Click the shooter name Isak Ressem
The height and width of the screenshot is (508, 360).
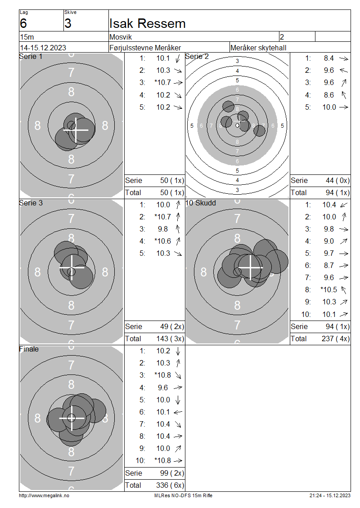click(x=147, y=24)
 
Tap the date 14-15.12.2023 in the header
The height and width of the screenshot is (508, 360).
click(x=43, y=48)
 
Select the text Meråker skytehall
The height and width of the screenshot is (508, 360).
click(x=258, y=48)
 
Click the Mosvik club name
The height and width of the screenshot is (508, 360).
click(x=121, y=37)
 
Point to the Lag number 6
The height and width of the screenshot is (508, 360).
click(x=23, y=24)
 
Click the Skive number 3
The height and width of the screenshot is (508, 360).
click(x=68, y=24)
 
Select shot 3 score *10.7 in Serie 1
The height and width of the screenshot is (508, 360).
click(x=163, y=83)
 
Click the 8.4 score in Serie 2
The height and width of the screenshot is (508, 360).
click(x=328, y=58)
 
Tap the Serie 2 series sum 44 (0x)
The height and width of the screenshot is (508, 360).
click(x=337, y=180)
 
